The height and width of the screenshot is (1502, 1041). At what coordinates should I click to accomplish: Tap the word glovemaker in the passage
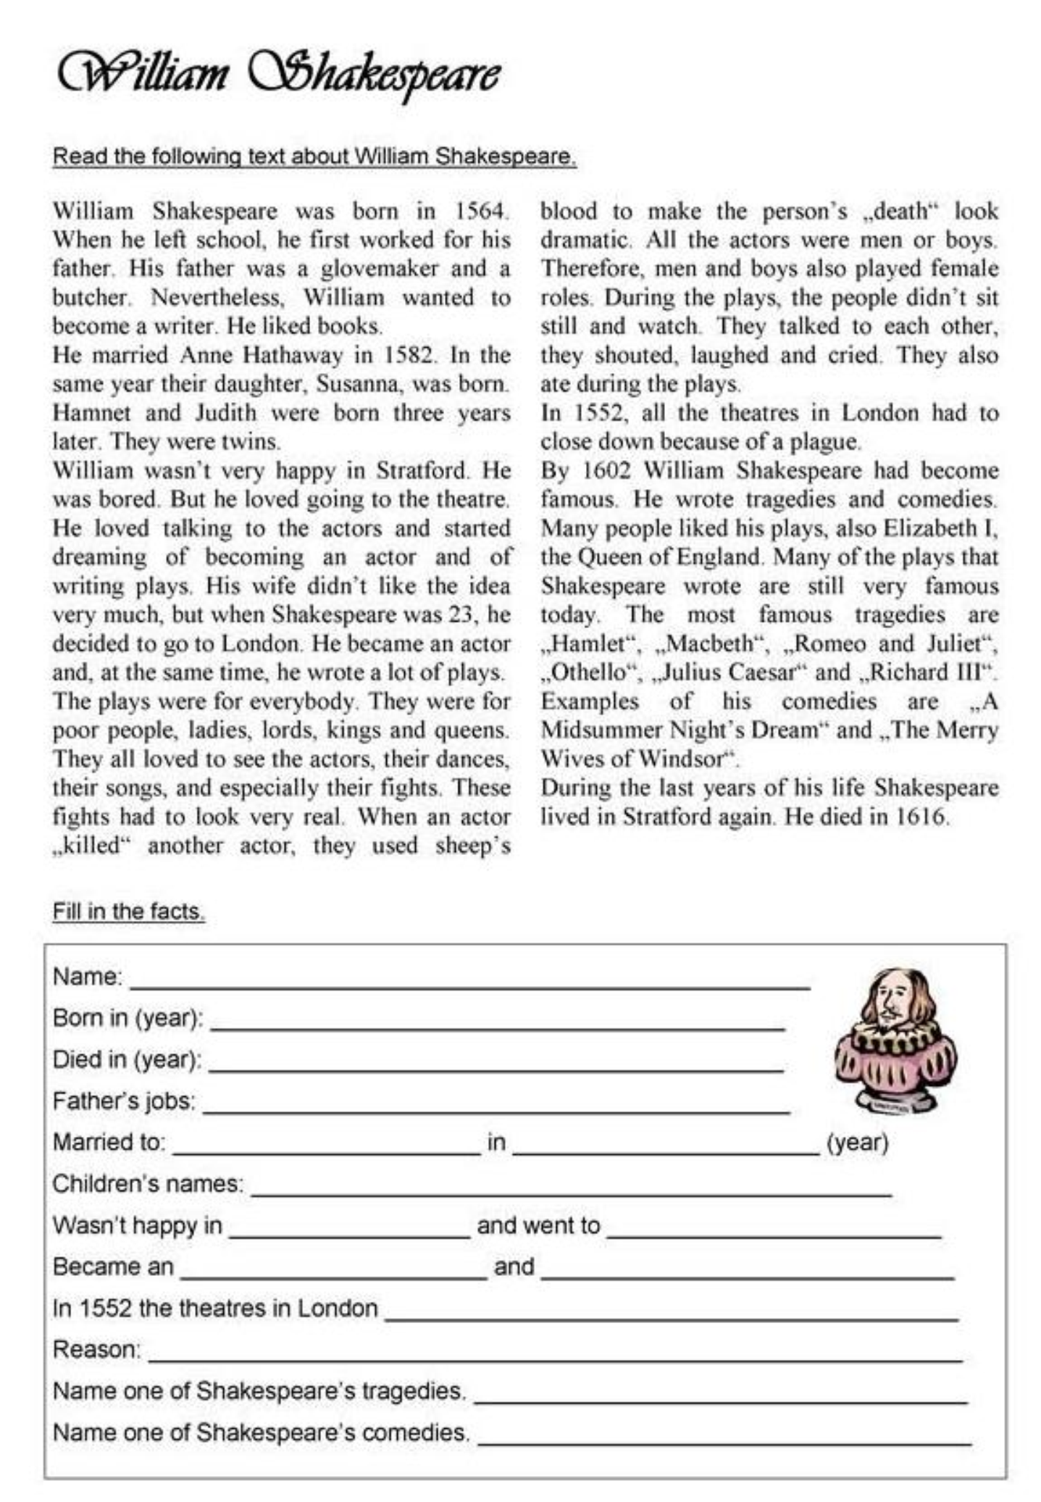click(380, 269)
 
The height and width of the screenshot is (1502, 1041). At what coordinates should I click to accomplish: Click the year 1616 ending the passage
click(921, 817)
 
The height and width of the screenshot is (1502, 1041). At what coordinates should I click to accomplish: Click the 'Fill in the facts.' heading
click(128, 911)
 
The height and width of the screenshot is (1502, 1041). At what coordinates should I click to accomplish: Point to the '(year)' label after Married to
click(858, 1143)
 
